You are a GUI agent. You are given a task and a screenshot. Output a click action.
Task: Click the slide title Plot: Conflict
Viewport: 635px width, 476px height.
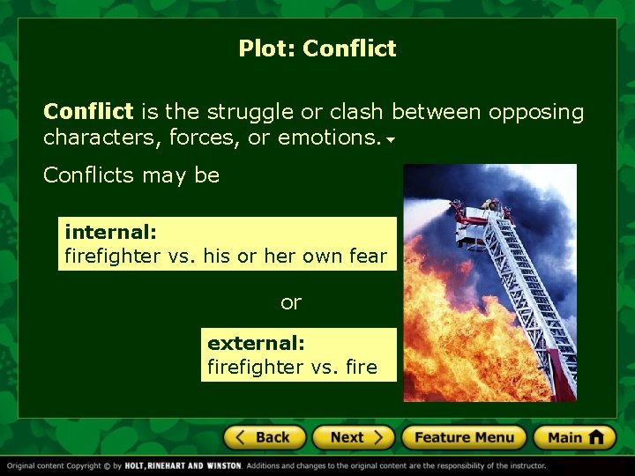pyautogui.click(x=317, y=48)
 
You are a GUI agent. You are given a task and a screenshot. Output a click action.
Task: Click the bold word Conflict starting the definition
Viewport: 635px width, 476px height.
pyautogui.click(x=88, y=112)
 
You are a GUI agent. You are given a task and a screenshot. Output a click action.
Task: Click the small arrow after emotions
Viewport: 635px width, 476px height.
pyautogui.click(x=390, y=140)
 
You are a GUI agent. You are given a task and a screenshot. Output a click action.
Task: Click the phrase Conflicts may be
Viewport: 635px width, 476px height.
pyautogui.click(x=131, y=175)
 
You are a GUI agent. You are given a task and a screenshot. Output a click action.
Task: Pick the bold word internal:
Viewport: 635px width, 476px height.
pyautogui.click(x=110, y=233)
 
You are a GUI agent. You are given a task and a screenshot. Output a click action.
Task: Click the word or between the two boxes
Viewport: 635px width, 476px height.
pyautogui.click(x=291, y=302)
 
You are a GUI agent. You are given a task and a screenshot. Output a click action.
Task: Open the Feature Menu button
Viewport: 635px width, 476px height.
pyautogui.click(x=463, y=437)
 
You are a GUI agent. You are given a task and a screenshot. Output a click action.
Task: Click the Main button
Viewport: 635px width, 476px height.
pyautogui.click(x=574, y=437)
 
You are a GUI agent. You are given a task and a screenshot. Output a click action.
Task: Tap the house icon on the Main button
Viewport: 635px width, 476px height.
pyautogui.click(x=595, y=436)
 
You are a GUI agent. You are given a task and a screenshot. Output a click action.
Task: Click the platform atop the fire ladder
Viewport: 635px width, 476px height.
pyautogui.click(x=474, y=212)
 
